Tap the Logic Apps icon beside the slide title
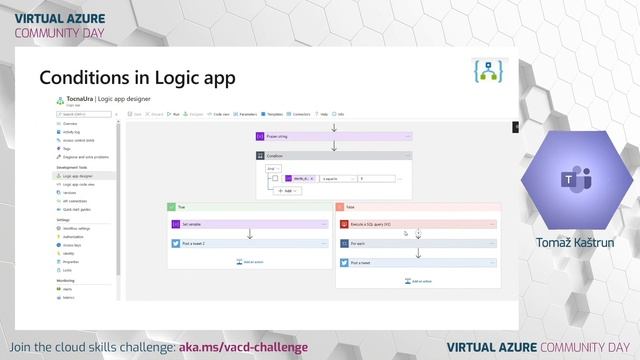click(x=487, y=74)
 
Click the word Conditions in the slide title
click(x=83, y=78)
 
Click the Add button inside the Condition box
click(x=287, y=190)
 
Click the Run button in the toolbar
click(x=175, y=115)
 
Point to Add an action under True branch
click(x=249, y=262)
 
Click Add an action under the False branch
click(x=418, y=280)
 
